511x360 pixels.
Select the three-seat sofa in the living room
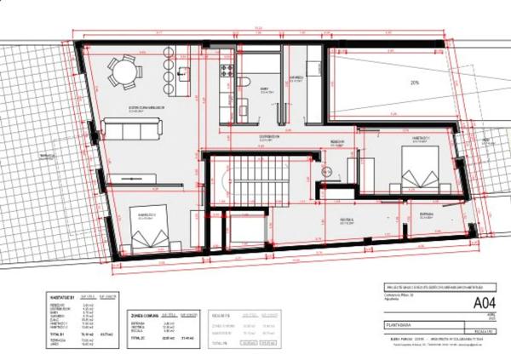[x=131, y=129]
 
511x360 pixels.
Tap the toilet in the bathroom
[x=244, y=83]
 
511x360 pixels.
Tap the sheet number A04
[x=484, y=301]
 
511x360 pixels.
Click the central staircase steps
[x=253, y=182]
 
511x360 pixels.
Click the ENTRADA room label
[x=426, y=214]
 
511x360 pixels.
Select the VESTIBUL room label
[x=347, y=219]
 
